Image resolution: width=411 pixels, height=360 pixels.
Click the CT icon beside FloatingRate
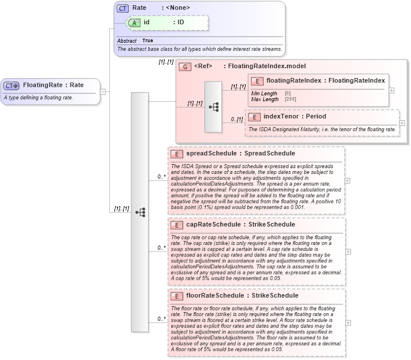point(12,86)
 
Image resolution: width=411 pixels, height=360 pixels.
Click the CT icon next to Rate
point(123,8)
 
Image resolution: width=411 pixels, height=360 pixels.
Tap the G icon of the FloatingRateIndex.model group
point(185,66)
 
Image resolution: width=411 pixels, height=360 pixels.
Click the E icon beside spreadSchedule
point(177,154)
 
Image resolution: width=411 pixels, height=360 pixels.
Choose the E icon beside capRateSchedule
point(177,225)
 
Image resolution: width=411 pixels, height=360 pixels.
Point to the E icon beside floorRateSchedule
point(177,296)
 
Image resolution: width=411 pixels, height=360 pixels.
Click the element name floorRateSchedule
point(215,296)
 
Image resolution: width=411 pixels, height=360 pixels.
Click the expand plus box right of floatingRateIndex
point(392,90)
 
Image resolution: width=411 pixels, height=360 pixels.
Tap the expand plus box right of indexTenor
point(402,123)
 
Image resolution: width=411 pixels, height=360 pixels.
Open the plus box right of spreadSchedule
point(347,180)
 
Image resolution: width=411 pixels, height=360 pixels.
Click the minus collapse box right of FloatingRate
point(102,91)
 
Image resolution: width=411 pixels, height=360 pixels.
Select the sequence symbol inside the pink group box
point(213,107)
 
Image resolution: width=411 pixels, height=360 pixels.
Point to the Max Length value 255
point(288,99)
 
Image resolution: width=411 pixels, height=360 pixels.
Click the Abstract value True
point(147,41)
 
